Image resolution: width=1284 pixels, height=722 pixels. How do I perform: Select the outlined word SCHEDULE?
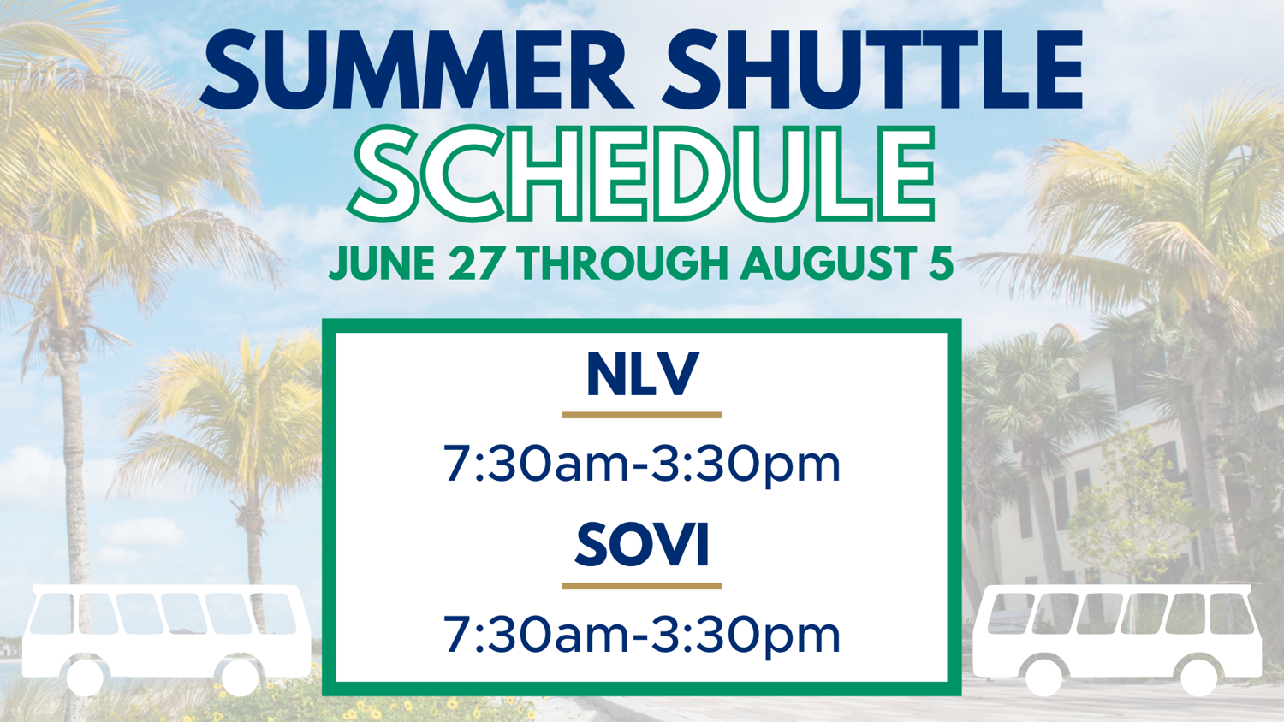[641, 174]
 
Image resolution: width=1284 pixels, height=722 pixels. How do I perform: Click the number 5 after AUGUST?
[940, 263]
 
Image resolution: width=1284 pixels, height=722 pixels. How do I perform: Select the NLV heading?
[643, 374]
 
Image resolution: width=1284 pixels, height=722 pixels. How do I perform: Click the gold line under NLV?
[641, 415]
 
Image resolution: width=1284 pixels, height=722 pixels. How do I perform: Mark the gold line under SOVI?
[641, 586]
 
